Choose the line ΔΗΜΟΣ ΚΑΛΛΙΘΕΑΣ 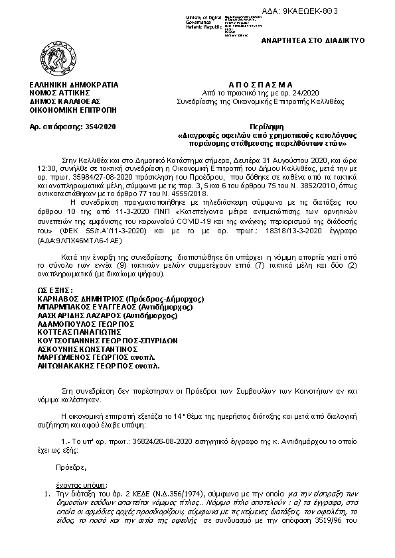tap(65, 102)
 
